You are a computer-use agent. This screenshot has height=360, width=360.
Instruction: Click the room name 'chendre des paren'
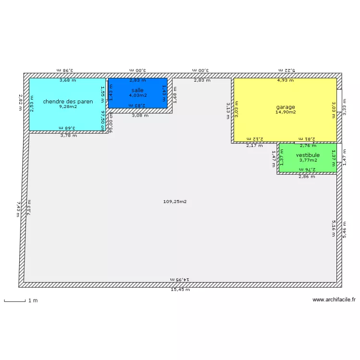click(x=68, y=101)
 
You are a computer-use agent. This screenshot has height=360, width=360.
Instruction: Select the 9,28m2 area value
click(x=68, y=107)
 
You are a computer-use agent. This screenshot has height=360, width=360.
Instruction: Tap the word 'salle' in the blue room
click(x=137, y=90)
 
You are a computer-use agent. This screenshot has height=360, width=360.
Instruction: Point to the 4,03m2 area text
click(x=137, y=96)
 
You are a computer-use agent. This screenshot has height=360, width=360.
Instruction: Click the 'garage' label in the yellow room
click(x=285, y=107)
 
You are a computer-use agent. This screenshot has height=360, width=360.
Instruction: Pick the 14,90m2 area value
click(x=285, y=112)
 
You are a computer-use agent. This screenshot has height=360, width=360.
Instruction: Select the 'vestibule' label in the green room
click(x=308, y=155)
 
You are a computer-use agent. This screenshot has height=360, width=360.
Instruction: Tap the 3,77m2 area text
click(x=308, y=160)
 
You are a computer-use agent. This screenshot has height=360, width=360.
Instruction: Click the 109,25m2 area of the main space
click(x=175, y=202)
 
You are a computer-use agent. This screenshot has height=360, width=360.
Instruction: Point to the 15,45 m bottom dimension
click(x=180, y=290)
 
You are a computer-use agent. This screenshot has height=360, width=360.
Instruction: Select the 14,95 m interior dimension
click(x=180, y=279)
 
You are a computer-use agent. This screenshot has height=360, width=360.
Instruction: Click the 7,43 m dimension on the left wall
click(x=18, y=210)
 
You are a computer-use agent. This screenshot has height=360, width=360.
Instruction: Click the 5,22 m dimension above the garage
click(x=287, y=70)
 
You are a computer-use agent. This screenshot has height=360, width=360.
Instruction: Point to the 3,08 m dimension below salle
click(x=140, y=116)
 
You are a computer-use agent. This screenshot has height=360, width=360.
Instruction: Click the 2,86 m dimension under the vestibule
click(x=307, y=177)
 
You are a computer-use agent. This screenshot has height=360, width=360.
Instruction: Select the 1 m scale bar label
click(x=33, y=300)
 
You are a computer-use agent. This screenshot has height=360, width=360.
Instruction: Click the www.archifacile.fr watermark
click(x=334, y=300)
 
